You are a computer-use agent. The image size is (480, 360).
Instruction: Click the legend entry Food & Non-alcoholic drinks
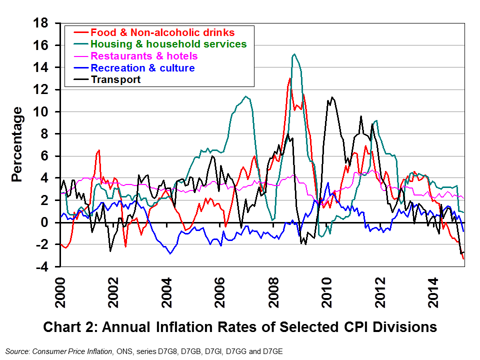point(162,32)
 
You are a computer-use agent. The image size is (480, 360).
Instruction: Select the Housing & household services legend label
point(168,44)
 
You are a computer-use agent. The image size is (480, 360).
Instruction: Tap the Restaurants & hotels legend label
point(144,56)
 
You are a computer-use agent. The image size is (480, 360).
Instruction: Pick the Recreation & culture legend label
point(142,67)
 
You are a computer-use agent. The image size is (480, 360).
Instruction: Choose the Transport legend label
point(115,79)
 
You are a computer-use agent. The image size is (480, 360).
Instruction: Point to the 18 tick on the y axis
point(41,23)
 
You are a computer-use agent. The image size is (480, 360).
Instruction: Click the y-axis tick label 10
point(41,111)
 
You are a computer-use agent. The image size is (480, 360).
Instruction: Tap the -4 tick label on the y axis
point(42,267)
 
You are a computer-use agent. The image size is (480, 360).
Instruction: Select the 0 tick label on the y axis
point(45,222)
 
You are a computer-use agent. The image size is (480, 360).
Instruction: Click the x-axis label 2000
point(60,292)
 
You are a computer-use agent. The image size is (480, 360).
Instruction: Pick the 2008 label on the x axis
point(273,292)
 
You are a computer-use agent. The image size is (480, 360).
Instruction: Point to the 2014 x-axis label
point(434,292)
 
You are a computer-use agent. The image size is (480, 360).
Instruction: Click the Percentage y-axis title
point(17,144)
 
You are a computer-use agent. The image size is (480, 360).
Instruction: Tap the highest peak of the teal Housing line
point(294,54)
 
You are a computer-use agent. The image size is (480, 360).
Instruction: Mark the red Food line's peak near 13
point(289,78)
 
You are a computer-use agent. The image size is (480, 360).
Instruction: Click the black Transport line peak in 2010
point(332,97)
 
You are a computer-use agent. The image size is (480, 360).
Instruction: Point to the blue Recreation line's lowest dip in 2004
point(170,253)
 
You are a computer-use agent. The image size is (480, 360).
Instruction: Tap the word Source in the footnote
point(17,351)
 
